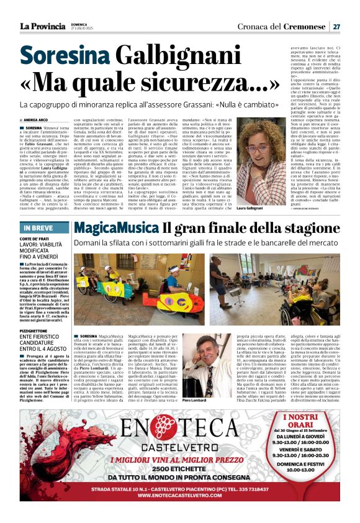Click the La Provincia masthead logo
(42, 26)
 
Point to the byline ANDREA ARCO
(35, 119)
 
